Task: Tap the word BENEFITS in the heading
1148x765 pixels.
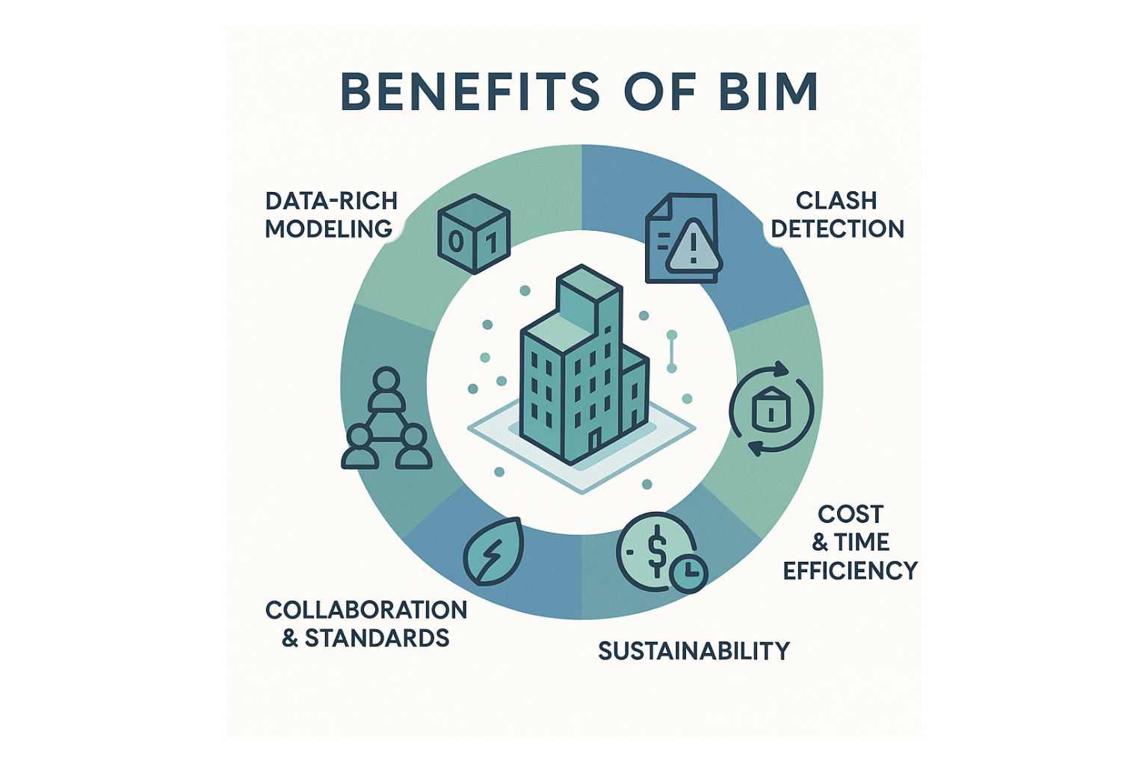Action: pos(470,92)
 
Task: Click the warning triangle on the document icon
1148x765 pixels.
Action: pos(694,246)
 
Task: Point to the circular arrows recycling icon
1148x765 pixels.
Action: pos(771,408)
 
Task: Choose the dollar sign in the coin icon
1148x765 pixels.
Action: pos(656,551)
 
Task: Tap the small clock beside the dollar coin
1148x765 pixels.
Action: pos(688,574)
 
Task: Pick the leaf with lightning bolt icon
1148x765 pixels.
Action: pos(492,551)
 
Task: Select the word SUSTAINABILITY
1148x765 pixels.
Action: pos(694,651)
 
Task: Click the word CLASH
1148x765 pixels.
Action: pos(836,200)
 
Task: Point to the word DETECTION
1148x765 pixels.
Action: pos(837,229)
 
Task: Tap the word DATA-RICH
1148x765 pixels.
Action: pos(331,200)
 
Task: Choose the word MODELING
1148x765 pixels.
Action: pos(328,229)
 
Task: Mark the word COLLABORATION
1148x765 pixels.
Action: pos(366,610)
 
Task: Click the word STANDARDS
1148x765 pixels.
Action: pos(377,638)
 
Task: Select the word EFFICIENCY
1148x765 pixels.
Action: pos(850,571)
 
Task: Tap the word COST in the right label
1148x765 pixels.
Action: pos(851,514)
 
